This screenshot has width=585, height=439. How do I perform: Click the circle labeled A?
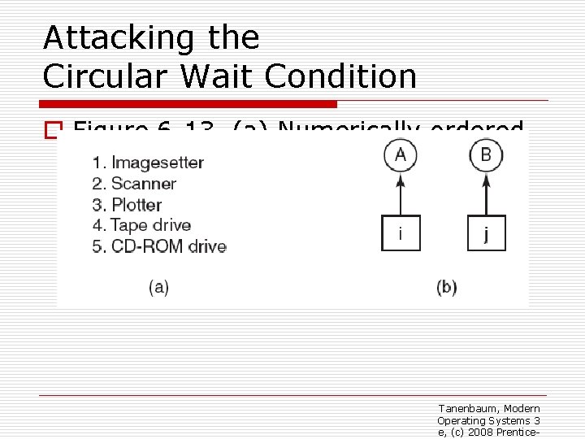[x=401, y=155]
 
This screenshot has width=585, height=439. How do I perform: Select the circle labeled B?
[x=486, y=155]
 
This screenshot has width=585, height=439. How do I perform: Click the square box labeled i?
[x=401, y=233]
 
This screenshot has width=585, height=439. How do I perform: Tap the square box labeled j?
[x=486, y=233]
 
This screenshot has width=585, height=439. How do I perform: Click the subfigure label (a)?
[x=158, y=287]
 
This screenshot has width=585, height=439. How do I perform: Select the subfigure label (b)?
[x=447, y=287]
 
